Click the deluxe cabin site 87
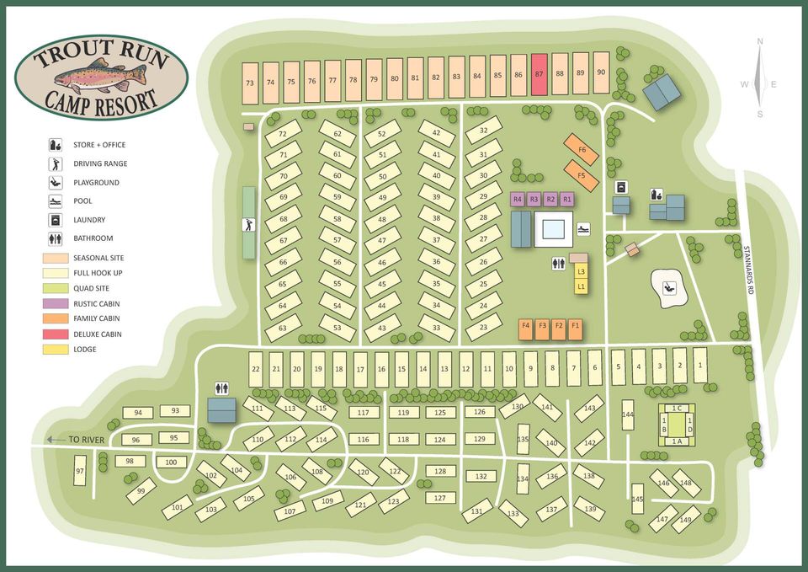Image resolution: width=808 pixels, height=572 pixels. pyautogui.click(x=539, y=74)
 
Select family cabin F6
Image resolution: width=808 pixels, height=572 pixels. pyautogui.click(x=582, y=149)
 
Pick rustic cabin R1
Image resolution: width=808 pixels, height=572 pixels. pyautogui.click(x=566, y=200)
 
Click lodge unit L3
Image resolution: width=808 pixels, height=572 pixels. pyautogui.click(x=581, y=271)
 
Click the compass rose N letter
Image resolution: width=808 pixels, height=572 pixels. pyautogui.click(x=760, y=41)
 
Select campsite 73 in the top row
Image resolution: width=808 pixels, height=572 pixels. pyautogui.click(x=250, y=83)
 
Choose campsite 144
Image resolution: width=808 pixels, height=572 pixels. pyautogui.click(x=627, y=414)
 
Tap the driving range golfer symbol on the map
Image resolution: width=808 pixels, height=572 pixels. pyautogui.click(x=248, y=224)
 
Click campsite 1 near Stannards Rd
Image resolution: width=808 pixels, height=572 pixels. pyautogui.click(x=699, y=366)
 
